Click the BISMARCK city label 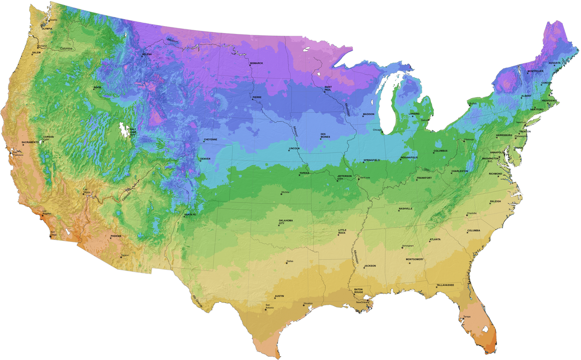[x=257, y=63]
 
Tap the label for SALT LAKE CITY [x=133, y=133]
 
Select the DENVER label [x=205, y=159]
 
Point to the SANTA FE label [x=190, y=214]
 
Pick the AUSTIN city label [x=279, y=296]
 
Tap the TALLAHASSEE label [x=445, y=285]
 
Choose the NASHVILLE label [x=405, y=208]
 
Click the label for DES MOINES [x=325, y=135]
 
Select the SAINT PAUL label [x=328, y=88]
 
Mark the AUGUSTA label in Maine [x=555, y=62]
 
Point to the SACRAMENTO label [x=30, y=142]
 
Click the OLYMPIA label [x=47, y=28]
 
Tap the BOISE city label [x=97, y=87]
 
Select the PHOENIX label [x=116, y=236]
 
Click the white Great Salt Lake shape [x=123, y=129]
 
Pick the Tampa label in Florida [x=467, y=317]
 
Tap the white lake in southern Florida [x=485, y=329]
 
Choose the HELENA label [x=147, y=54]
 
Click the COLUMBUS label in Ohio [x=440, y=151]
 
